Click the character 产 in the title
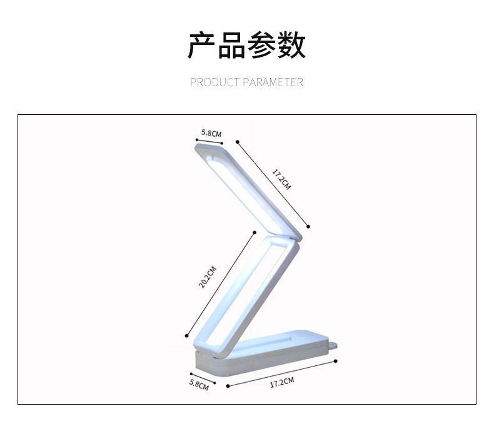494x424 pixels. tap(201, 45)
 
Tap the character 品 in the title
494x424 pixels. tap(231, 45)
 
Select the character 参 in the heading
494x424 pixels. tap(261, 45)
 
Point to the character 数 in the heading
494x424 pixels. tap(291, 45)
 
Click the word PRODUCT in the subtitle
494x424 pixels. tap(215, 82)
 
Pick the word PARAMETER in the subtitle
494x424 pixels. tap(273, 82)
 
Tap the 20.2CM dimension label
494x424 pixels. tap(208, 277)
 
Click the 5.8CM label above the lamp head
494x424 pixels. tap(211, 133)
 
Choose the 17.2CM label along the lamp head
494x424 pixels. tap(281, 179)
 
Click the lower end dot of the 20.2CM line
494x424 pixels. tap(186, 334)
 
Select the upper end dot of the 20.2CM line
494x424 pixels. tap(254, 232)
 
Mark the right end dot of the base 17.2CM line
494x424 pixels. tap(336, 362)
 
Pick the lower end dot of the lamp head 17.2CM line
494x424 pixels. tap(309, 226)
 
